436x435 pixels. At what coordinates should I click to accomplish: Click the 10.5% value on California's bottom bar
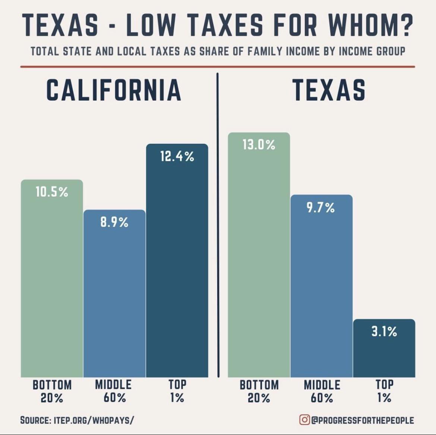[52, 192]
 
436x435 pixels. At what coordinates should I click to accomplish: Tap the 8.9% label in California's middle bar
[114, 222]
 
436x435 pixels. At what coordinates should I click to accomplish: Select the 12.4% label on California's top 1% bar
[177, 156]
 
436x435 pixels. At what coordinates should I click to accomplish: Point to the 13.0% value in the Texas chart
[259, 145]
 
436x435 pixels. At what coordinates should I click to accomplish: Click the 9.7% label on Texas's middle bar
[321, 207]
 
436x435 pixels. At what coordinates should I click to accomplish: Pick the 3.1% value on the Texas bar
[384, 331]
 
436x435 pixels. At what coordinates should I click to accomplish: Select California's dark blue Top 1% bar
[177, 268]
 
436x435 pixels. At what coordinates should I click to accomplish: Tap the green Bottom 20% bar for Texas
[259, 268]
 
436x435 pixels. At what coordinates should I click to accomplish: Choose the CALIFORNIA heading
[114, 91]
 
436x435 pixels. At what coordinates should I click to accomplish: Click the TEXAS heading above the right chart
[329, 91]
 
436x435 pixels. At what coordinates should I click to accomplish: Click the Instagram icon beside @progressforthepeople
[304, 420]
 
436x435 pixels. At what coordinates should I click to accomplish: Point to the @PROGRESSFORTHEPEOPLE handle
[363, 420]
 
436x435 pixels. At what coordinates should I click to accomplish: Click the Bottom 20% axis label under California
[52, 391]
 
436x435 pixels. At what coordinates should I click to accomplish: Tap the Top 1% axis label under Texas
[384, 391]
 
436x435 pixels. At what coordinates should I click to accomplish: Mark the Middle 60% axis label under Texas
[322, 391]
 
